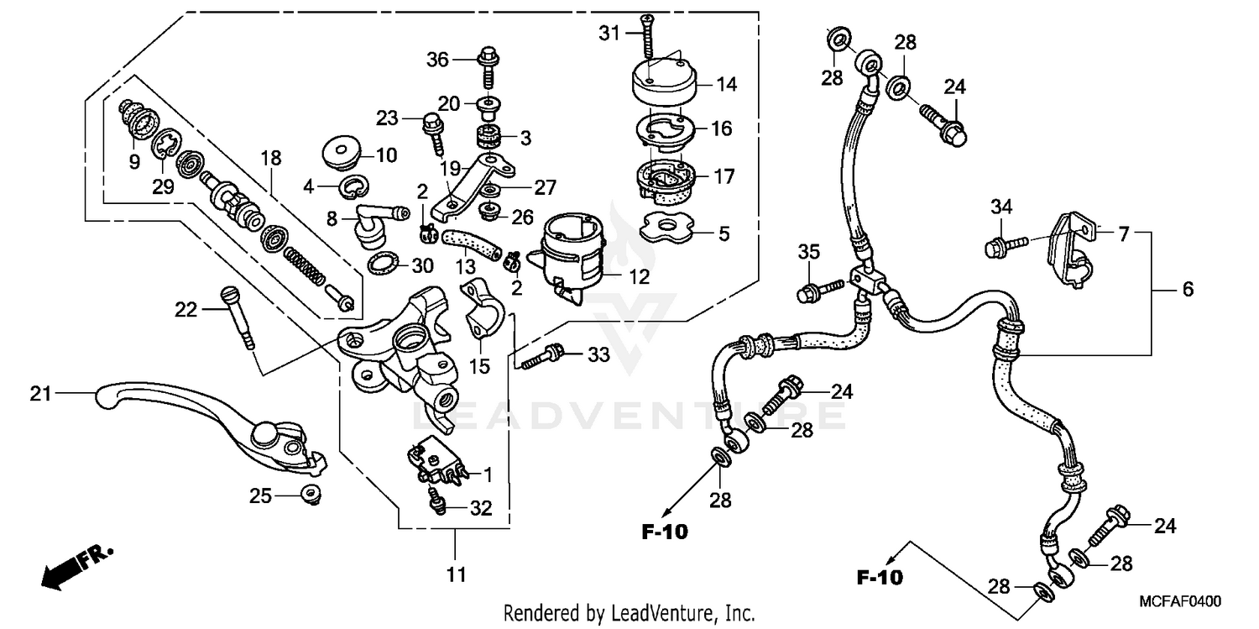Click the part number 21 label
(x=40, y=393)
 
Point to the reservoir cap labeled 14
(x=663, y=83)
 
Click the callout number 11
(x=454, y=574)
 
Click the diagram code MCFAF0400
(x=1179, y=601)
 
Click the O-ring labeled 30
(x=384, y=265)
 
